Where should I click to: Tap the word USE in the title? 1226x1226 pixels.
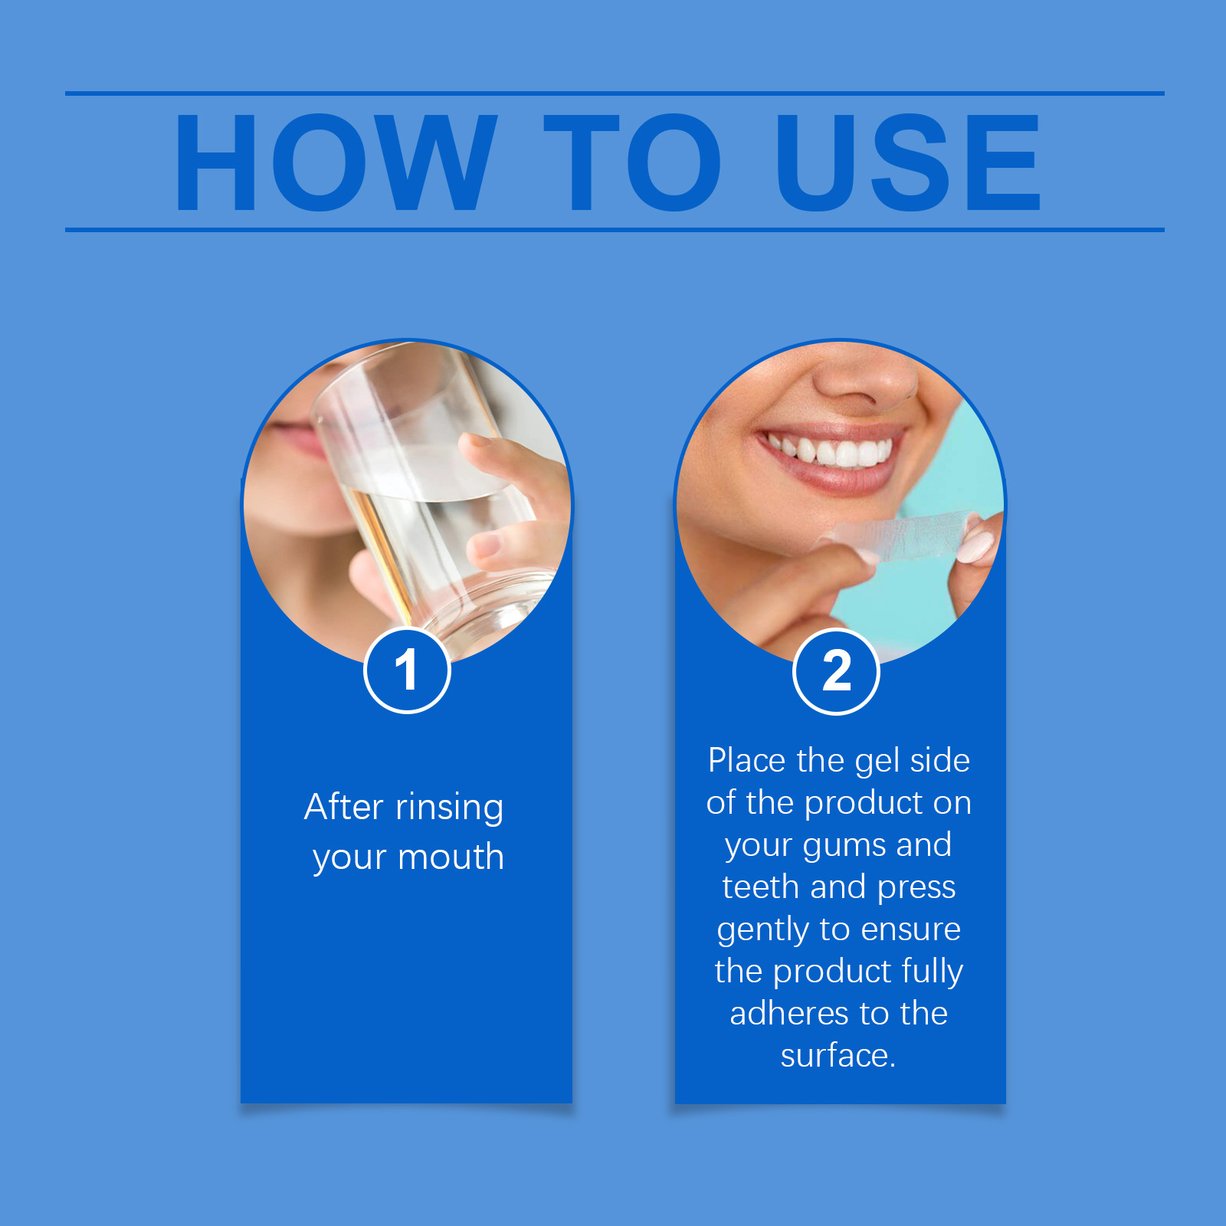(x=908, y=162)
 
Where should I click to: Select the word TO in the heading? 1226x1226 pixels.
(x=632, y=162)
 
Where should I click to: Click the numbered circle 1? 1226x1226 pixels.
(x=407, y=670)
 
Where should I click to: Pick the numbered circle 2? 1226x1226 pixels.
(x=836, y=672)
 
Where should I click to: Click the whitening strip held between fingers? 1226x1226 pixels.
(x=904, y=536)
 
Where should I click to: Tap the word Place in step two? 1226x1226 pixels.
(x=747, y=761)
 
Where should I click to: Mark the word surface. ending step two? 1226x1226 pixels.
(x=838, y=1055)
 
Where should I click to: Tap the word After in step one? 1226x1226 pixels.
(x=344, y=807)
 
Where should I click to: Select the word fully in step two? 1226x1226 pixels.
(x=933, y=972)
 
